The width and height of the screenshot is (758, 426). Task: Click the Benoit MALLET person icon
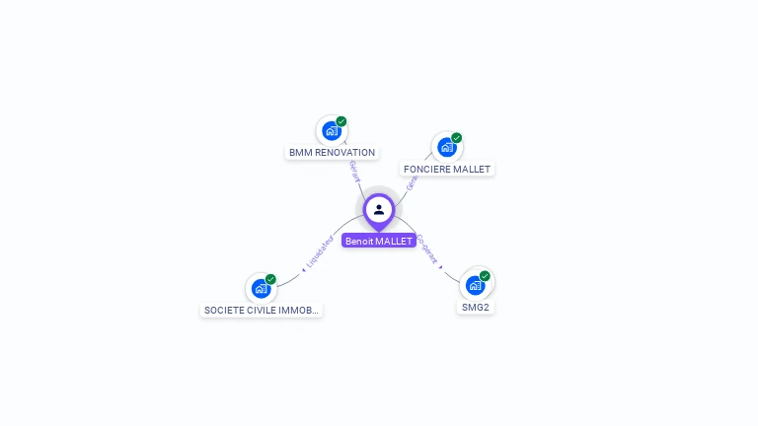[379, 209]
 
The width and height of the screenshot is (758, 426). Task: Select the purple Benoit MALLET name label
[379, 241]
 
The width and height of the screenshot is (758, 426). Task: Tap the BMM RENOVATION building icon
[332, 130]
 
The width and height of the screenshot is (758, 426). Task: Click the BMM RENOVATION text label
[332, 153]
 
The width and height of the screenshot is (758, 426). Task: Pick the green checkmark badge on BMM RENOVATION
[341, 121]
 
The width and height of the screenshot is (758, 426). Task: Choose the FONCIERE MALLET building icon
[447, 147]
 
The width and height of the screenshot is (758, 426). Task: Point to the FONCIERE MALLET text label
[447, 170]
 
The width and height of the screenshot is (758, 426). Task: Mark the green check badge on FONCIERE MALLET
[457, 138]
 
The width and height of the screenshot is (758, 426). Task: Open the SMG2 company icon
[476, 285]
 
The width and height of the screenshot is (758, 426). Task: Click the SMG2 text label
[476, 308]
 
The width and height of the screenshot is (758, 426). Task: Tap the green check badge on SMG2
[485, 276]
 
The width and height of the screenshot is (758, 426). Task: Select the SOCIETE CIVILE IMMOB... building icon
[261, 288]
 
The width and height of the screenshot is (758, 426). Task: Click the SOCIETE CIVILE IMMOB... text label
[261, 311]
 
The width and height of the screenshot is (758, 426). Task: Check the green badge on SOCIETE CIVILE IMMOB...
[270, 279]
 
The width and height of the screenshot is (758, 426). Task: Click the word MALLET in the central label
[395, 241]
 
